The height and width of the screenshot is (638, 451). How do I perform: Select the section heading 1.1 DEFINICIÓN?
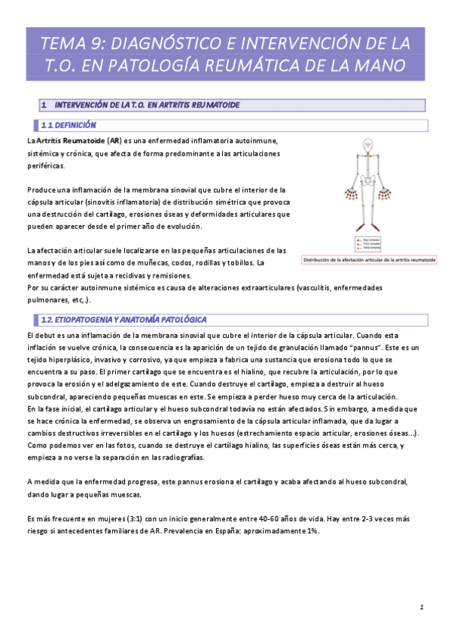coord(69,125)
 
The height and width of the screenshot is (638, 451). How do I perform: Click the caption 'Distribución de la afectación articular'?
coord(369,260)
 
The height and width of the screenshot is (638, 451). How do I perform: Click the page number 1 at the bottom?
coord(422,606)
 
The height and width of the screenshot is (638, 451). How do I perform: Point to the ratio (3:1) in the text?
coord(138,519)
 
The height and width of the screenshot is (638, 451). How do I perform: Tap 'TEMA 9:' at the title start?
coord(65,41)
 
